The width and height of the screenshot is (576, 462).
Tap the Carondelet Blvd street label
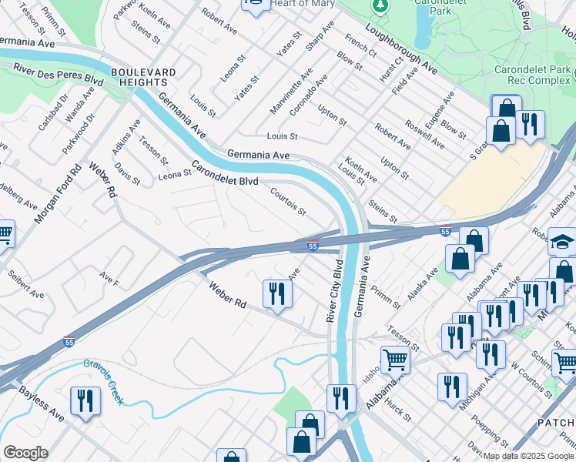(x=225, y=173)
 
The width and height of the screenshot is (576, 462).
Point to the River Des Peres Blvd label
(x=59, y=75)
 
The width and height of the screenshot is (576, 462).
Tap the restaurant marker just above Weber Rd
(x=276, y=293)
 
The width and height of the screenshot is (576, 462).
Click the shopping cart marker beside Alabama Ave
(x=394, y=358)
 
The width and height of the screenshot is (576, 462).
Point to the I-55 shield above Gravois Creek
(x=70, y=342)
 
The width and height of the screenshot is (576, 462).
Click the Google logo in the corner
(x=25, y=452)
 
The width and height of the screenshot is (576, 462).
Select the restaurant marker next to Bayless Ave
(x=84, y=400)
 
